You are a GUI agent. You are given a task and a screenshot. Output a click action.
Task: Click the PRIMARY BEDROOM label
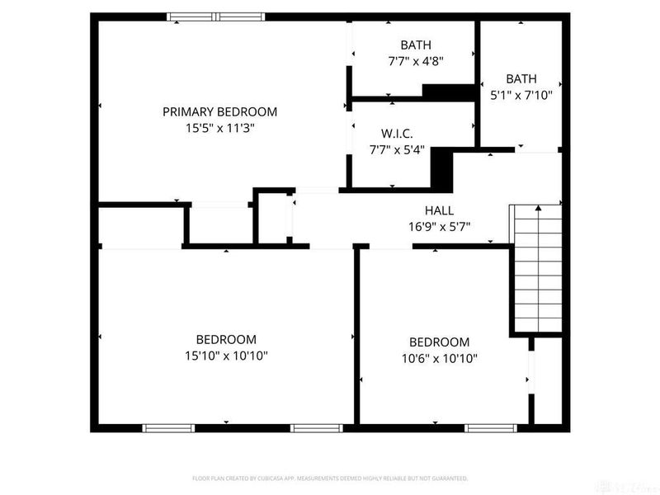(x=219, y=111)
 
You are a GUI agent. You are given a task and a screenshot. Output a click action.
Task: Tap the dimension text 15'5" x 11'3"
(x=219, y=128)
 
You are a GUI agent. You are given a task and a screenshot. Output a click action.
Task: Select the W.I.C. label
(x=396, y=133)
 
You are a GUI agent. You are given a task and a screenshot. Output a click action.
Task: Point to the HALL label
(x=439, y=210)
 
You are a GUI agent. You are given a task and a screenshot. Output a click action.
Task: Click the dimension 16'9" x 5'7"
(x=439, y=227)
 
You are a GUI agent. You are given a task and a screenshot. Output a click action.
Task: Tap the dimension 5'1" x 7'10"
(x=521, y=95)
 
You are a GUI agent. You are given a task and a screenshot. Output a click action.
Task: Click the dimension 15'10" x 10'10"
(x=225, y=356)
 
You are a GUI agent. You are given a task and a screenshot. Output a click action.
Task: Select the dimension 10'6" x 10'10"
(x=439, y=358)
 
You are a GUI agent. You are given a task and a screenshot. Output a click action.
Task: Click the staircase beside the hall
(x=537, y=268)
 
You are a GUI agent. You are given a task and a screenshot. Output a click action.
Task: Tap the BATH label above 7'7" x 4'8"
(x=416, y=45)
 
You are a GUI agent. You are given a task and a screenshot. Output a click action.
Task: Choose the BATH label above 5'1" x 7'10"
(x=521, y=78)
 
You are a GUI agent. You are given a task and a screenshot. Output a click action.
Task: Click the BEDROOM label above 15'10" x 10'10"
(x=225, y=339)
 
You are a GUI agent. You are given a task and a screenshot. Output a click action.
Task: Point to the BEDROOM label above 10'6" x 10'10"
(x=439, y=342)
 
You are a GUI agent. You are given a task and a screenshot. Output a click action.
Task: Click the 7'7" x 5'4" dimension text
(x=396, y=149)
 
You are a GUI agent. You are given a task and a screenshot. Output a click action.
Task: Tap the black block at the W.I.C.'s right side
(x=443, y=168)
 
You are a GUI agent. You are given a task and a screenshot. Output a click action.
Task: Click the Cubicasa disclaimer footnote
(x=330, y=478)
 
